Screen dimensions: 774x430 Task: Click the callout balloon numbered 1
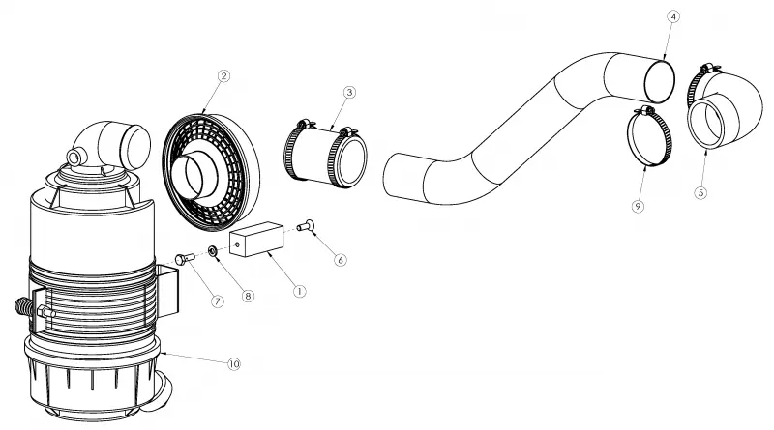coord(299,291)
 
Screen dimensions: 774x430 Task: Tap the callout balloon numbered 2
coord(223,76)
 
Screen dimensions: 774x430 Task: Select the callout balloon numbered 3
coord(349,92)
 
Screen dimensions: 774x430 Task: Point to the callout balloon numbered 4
coord(672,16)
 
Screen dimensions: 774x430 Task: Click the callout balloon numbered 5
coord(700,192)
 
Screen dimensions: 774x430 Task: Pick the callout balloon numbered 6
coord(341,259)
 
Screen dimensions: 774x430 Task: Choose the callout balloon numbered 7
coord(217,301)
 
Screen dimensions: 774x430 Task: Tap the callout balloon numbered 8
coord(248,296)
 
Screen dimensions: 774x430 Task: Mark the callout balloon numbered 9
coord(638,206)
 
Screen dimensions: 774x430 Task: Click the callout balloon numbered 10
coord(233,364)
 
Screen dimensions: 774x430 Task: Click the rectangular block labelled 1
coord(256,240)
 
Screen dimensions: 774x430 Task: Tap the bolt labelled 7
coord(186,258)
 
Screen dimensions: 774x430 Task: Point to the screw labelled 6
coord(306,225)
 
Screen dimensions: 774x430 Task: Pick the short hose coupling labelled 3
coord(326,155)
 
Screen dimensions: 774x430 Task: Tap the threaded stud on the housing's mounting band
coord(23,307)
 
